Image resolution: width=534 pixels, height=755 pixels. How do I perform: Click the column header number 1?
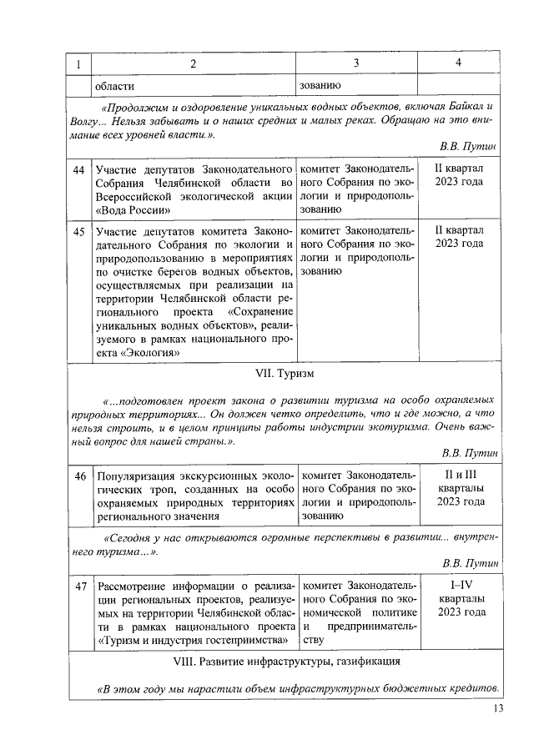(x=78, y=64)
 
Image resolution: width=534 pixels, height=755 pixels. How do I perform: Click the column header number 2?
(x=193, y=64)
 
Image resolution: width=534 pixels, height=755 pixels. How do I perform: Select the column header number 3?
(x=355, y=64)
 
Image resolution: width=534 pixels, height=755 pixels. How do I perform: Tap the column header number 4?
(x=458, y=64)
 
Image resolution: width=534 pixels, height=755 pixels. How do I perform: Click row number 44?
(x=79, y=170)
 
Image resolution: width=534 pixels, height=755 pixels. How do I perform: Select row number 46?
(x=79, y=476)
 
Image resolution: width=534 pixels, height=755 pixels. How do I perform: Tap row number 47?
(x=79, y=587)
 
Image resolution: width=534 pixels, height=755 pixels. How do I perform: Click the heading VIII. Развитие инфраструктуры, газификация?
(x=285, y=662)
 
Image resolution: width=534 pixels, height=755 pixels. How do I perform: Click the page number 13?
(x=498, y=708)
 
